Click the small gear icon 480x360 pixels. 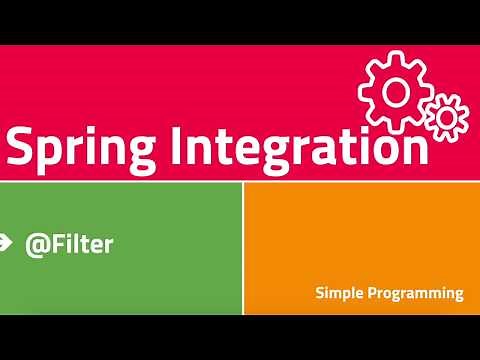pos(446,116)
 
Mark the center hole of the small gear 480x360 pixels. pos(446,116)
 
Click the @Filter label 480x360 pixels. pos(69,243)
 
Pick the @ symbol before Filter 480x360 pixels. pos(36,243)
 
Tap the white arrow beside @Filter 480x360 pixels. pos(5,241)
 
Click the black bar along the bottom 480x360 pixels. pos(240,337)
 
